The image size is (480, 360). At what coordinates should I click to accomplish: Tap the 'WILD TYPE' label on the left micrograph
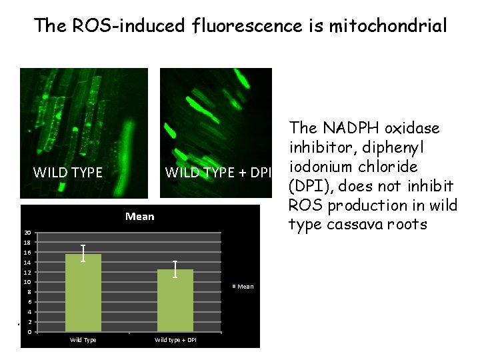(x=68, y=173)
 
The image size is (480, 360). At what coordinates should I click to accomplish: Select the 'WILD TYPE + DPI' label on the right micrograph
(x=219, y=173)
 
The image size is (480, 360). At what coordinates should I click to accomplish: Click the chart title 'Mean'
(x=139, y=216)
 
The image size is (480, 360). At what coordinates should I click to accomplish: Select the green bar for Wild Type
(x=83, y=293)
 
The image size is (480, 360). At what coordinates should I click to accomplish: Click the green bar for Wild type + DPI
(x=175, y=301)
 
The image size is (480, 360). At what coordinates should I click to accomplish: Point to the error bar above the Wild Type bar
(x=83, y=253)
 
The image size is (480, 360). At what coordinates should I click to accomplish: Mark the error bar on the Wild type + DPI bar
(x=175, y=269)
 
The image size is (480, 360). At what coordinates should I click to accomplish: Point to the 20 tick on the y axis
(x=27, y=233)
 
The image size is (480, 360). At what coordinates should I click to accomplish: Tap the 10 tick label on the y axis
(x=27, y=283)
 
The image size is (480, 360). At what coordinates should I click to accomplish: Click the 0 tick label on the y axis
(x=28, y=332)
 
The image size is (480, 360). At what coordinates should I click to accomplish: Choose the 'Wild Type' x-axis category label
(x=83, y=340)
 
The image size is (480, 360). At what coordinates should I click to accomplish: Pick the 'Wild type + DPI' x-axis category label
(x=175, y=340)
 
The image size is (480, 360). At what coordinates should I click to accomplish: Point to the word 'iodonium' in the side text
(x=319, y=166)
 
